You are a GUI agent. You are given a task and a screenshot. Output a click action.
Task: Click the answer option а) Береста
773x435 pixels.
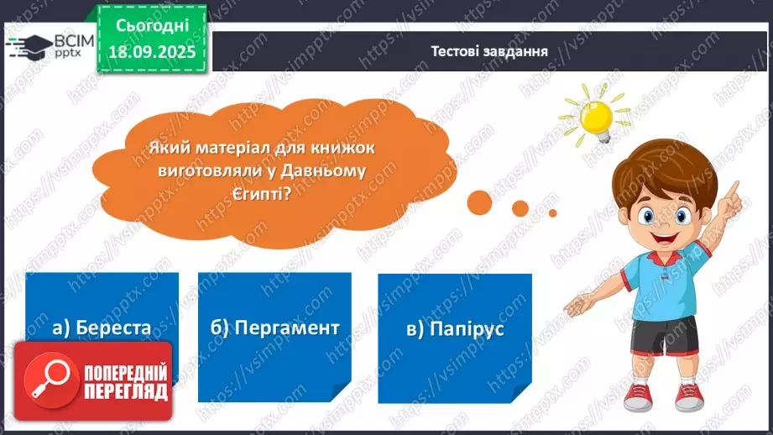102,328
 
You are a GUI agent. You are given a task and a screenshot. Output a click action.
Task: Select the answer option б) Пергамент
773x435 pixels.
275,328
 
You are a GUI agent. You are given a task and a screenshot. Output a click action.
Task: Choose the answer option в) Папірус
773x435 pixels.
456,328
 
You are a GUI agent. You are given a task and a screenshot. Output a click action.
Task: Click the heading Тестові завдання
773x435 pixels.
489,50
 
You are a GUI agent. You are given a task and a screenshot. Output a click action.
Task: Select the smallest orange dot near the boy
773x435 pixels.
552,213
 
